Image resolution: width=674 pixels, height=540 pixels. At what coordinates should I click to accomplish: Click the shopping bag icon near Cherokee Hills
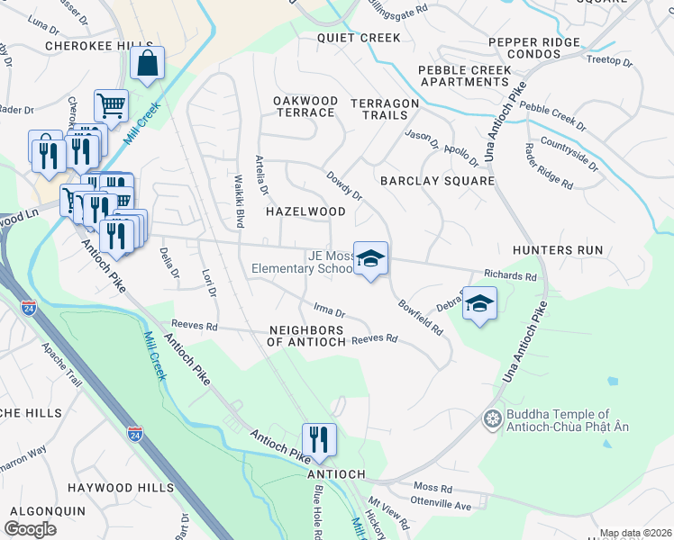[147, 64]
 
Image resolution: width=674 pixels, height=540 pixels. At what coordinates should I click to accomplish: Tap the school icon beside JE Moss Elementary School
[369, 258]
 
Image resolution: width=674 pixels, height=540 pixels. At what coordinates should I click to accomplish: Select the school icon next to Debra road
[480, 304]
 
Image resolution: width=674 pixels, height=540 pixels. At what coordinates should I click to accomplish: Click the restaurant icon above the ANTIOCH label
[318, 439]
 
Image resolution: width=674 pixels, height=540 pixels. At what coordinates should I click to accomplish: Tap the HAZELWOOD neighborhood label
[305, 211]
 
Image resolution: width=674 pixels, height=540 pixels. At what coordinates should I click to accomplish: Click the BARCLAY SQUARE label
[437, 181]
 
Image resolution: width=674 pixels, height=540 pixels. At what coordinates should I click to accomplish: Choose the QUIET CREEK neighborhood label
[359, 38]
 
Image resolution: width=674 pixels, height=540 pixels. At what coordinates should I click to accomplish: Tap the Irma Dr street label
[329, 311]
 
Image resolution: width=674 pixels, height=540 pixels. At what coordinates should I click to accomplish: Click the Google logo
[31, 528]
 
